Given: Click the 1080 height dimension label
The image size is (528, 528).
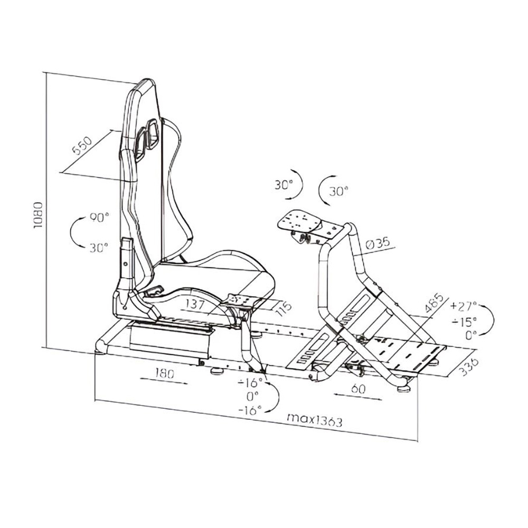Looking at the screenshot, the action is (x=38, y=215).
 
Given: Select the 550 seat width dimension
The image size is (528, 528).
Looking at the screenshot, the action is (x=82, y=145).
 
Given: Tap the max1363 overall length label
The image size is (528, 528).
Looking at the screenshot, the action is (x=315, y=420).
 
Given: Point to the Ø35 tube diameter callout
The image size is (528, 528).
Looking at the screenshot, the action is (x=378, y=243).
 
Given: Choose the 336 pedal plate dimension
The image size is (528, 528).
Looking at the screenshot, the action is (x=469, y=367).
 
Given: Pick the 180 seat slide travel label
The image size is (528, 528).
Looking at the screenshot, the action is (x=165, y=373).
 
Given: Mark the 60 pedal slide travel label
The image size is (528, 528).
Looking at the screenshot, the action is (x=358, y=389).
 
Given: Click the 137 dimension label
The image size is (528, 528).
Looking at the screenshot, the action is (x=195, y=305).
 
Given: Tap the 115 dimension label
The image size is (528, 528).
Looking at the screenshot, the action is (x=283, y=309).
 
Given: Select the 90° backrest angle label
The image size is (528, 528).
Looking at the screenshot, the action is (x=99, y=218).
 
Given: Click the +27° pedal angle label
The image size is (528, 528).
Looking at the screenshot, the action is (x=464, y=306).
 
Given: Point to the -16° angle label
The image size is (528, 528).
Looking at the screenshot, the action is (x=250, y=410).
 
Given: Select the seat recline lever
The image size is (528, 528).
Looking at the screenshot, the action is (x=154, y=290).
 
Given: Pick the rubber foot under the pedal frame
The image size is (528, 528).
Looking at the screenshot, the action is (x=404, y=389).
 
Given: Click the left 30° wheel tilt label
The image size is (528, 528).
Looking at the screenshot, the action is (x=284, y=185).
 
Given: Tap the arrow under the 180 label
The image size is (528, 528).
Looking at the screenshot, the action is (x=164, y=381).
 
